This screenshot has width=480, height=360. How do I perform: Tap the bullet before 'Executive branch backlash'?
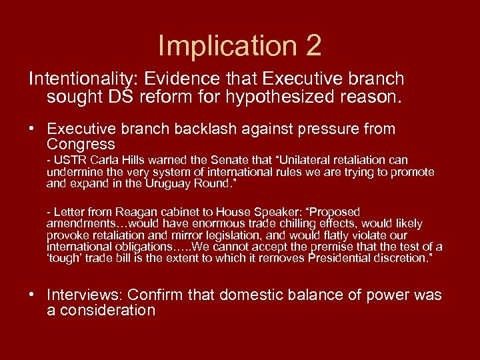coord(33,129)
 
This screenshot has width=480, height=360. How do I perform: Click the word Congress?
coord(81,144)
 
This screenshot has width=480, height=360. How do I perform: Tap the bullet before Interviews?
coord(33,295)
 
